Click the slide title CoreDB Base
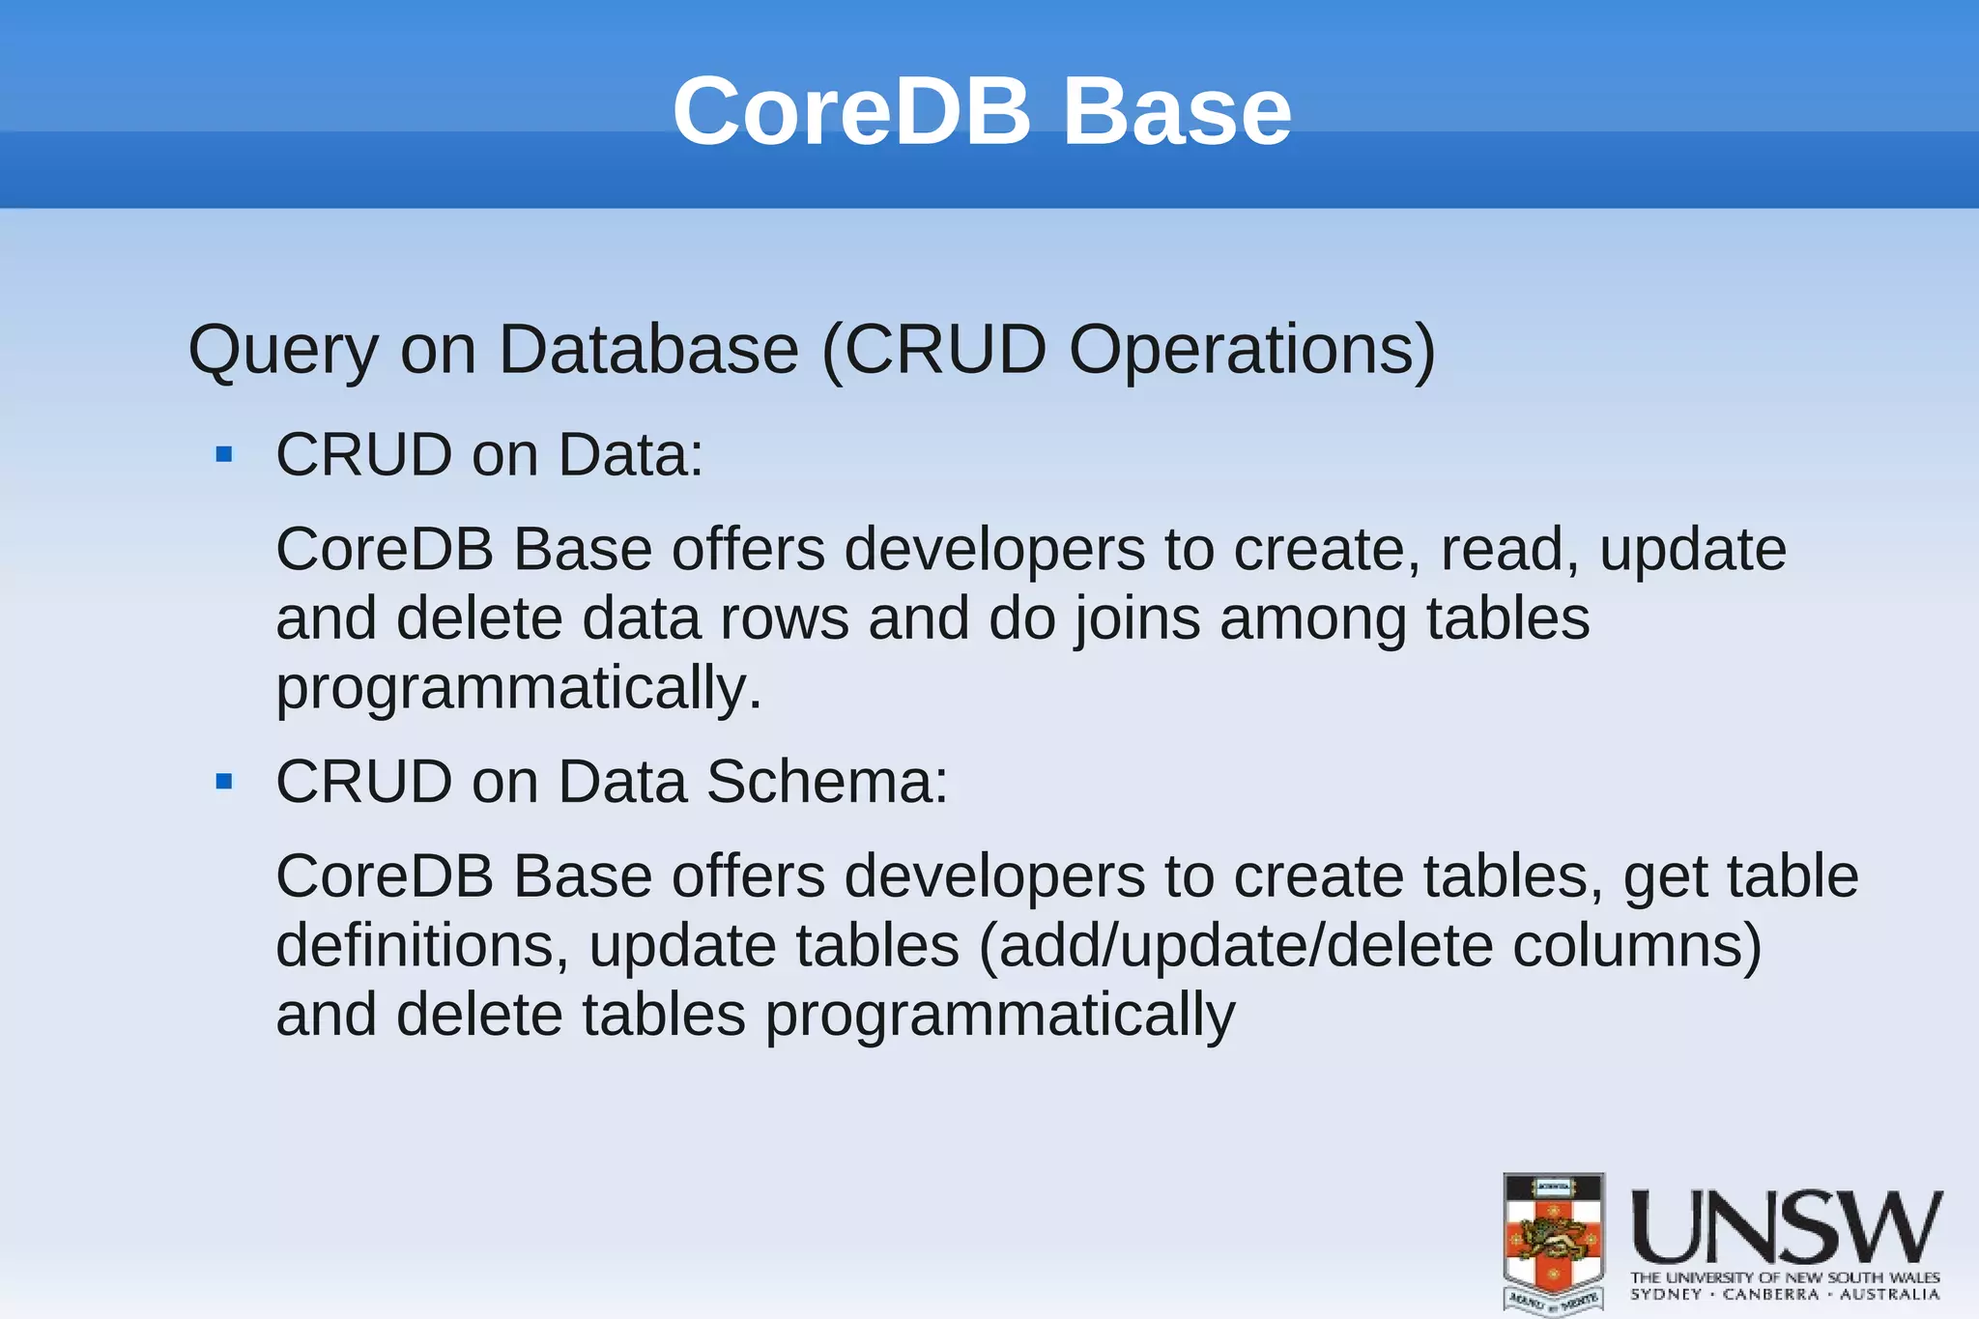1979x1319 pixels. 982,112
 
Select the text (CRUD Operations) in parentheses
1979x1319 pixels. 1129,350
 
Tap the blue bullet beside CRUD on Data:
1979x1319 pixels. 225,454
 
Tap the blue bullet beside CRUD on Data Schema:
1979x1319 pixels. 225,781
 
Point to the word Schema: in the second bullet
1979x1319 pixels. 827,781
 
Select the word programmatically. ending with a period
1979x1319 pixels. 519,689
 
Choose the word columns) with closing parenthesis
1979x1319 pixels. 1637,946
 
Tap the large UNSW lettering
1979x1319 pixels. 1787,1227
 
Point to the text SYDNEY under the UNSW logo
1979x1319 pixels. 1666,1295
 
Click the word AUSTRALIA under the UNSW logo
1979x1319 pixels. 1889,1295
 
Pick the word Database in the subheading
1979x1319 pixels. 648,350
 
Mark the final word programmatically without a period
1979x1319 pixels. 1000,1016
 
